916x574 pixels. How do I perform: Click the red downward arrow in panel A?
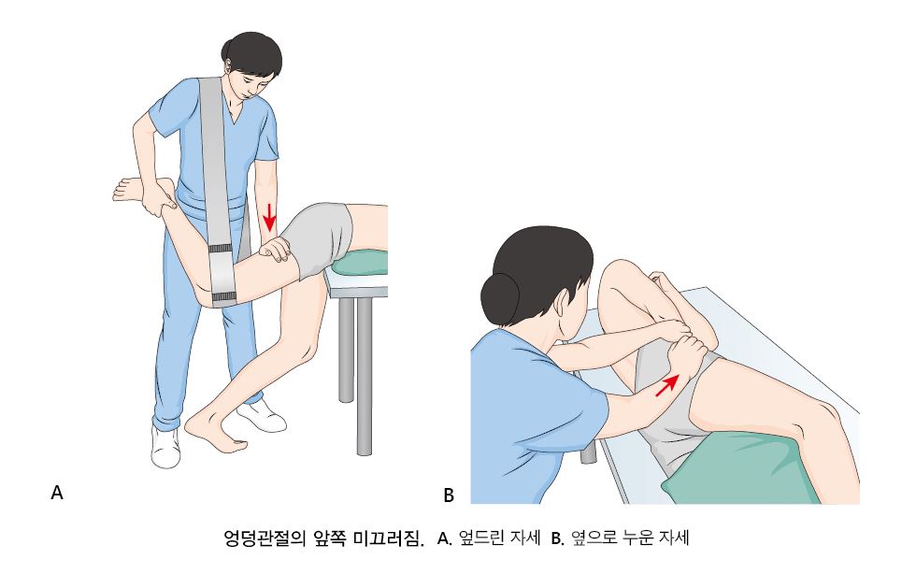coord(269,218)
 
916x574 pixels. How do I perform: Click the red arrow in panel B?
coord(667,385)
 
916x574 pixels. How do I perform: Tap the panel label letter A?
coord(57,492)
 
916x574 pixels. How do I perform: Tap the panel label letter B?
coord(449,495)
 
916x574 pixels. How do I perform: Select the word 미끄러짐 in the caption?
coord(389,538)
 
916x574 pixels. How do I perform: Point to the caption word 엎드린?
coord(481,538)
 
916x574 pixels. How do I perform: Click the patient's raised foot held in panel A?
coord(136,191)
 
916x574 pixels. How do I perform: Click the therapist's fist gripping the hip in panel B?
coord(690,352)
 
